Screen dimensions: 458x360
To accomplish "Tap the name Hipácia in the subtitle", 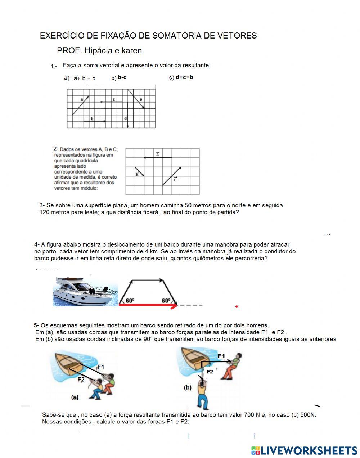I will (x=98, y=51).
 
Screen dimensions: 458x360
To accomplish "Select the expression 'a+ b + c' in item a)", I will (x=84, y=78).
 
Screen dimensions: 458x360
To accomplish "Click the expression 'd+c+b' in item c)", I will (x=184, y=77).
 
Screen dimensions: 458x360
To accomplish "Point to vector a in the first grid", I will (x=81, y=105).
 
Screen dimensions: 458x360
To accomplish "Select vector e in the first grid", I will (x=136, y=98).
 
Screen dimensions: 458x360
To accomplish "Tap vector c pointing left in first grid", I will (x=111, y=102).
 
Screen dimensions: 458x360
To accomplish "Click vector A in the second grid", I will (x=157, y=157).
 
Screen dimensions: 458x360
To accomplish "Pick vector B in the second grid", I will (x=140, y=172).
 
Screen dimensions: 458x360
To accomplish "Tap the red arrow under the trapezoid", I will (x=148, y=306).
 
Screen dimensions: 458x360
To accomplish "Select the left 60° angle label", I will (x=130, y=301).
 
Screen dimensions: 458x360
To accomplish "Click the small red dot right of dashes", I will (x=237, y=307).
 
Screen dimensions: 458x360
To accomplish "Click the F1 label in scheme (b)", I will (x=221, y=356).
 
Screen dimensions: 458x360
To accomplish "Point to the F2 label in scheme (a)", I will (x=81, y=379).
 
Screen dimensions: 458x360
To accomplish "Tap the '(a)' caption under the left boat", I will (x=75, y=398).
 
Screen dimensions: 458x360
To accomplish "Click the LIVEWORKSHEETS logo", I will (x=304, y=450).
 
